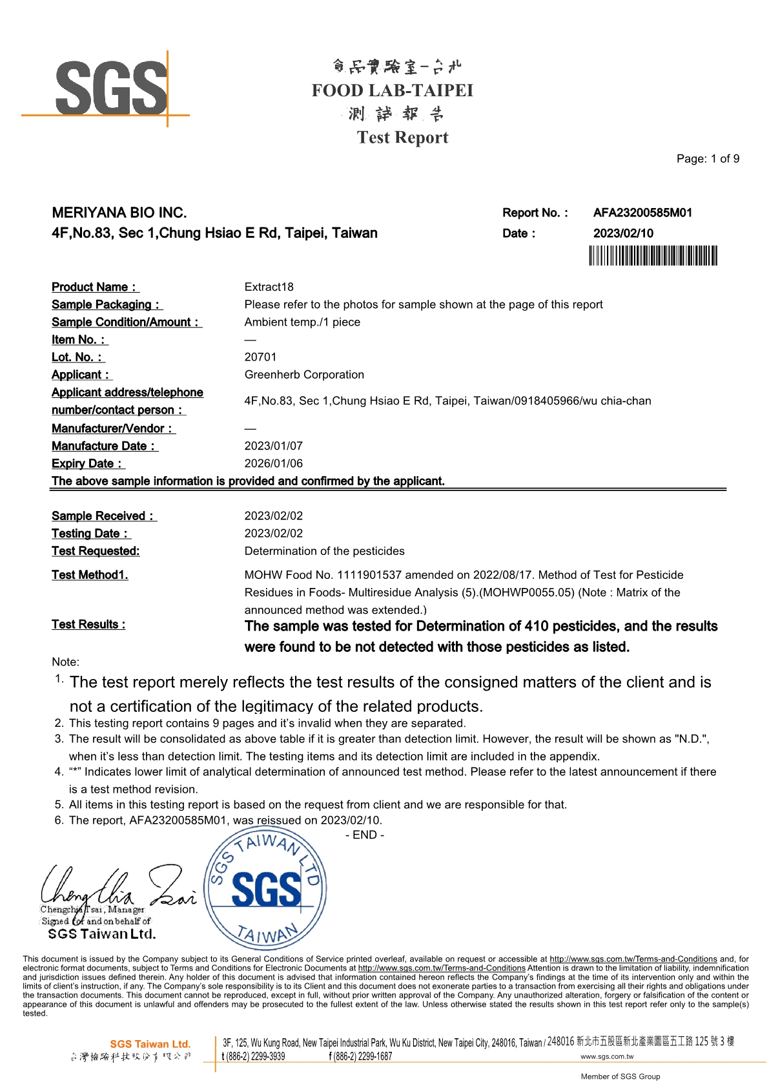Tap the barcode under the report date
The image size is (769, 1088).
(x=653, y=256)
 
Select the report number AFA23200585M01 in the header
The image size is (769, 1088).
(x=642, y=213)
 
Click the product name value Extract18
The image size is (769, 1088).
(x=269, y=287)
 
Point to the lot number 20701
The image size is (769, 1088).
(x=260, y=357)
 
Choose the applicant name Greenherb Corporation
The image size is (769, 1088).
(x=304, y=375)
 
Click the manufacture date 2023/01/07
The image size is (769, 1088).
(x=273, y=446)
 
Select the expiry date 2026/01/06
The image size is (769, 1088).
(x=273, y=463)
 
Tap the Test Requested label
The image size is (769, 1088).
(x=96, y=551)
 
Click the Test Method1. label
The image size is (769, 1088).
(x=90, y=575)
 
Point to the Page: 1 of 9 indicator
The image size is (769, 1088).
(x=708, y=159)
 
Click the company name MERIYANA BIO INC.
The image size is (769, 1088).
(x=119, y=213)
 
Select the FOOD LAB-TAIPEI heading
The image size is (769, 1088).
(x=393, y=90)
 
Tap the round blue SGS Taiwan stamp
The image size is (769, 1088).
(x=265, y=890)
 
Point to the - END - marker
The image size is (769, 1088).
(x=365, y=835)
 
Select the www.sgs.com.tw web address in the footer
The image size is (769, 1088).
(x=607, y=1056)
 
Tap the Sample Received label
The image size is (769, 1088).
(x=103, y=516)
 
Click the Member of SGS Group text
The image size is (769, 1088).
(x=620, y=1076)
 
